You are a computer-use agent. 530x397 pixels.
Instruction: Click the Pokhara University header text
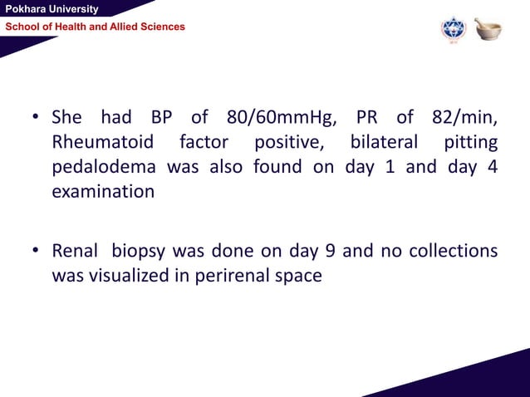pos(51,9)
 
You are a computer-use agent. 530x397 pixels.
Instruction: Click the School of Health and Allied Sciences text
pos(96,27)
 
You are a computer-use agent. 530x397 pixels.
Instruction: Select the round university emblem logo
pos(454,29)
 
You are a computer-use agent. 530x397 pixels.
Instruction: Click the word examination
pos(103,191)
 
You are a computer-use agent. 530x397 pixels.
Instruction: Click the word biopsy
pos(140,251)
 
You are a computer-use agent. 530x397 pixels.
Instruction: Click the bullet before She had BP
pos(37,116)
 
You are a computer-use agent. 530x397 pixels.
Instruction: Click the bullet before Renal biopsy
pos(37,251)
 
